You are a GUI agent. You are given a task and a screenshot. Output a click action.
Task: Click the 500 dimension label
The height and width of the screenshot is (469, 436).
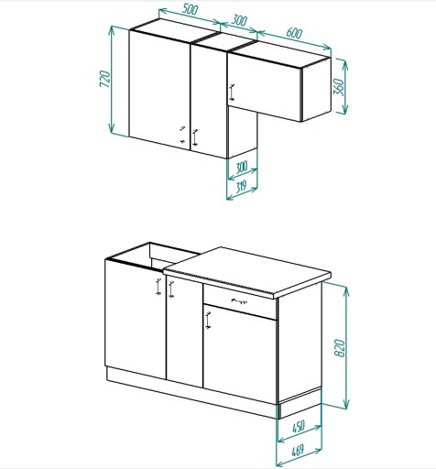coord(191,9)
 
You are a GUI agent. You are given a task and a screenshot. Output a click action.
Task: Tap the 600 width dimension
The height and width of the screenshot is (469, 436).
coord(294,33)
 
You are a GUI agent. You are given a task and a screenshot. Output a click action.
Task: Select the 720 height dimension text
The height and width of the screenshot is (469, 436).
coord(104,79)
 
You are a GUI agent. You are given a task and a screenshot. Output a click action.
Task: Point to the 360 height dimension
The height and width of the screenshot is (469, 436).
coord(339,87)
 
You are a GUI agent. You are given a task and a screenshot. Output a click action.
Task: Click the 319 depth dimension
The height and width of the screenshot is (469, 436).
coord(241,186)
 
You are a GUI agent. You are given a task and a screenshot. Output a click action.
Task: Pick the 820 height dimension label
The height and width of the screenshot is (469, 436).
coord(340,348)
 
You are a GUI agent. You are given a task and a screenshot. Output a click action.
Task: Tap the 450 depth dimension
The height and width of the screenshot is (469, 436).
coord(299,427)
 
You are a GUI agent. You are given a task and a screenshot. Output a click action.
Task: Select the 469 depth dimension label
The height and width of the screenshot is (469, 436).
coord(298,451)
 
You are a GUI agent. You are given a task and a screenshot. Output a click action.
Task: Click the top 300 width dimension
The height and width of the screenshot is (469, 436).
coord(239,20)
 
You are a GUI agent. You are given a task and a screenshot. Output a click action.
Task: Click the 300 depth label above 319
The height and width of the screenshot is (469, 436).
coord(241,168)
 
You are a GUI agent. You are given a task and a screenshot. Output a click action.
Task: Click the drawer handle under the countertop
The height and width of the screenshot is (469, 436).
coord(239,301)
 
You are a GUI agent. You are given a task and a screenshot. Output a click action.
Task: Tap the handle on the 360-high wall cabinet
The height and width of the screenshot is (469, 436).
coord(232,92)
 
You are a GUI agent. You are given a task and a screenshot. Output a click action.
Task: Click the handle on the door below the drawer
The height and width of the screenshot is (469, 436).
coord(208,321)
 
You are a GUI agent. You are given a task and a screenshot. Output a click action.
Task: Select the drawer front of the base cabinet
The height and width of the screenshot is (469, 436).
coord(240,301)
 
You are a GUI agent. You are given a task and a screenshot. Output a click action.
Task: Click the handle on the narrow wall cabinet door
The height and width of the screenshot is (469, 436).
coord(195,137)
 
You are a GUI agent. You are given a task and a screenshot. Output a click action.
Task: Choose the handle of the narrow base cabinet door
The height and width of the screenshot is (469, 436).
coord(171,289)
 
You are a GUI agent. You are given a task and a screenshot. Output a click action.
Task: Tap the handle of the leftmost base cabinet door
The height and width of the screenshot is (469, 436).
coord(158,287)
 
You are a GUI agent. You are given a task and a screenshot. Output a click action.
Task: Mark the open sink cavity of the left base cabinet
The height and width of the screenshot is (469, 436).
coord(153,254)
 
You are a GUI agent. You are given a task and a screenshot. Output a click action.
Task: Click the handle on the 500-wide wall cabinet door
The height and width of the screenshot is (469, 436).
coord(182,135)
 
